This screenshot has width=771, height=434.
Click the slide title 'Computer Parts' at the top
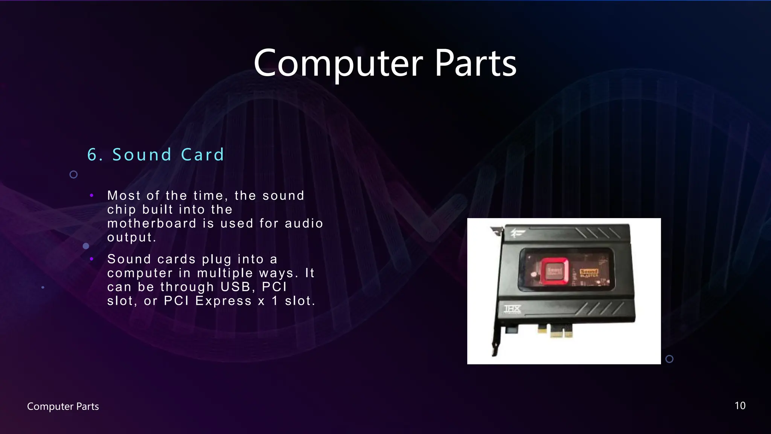(x=385, y=63)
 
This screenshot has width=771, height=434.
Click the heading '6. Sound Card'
(x=156, y=155)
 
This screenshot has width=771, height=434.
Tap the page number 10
(x=740, y=406)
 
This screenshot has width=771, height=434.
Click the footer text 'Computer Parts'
(x=63, y=406)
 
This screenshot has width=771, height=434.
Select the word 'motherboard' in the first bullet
(x=152, y=223)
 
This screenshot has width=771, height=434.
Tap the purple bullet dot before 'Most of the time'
(x=91, y=195)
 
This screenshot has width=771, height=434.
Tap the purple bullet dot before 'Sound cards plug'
(x=91, y=259)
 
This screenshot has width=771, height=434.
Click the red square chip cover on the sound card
(x=555, y=271)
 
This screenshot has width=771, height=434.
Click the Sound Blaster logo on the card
(x=589, y=273)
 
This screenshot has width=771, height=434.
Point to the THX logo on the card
(x=512, y=310)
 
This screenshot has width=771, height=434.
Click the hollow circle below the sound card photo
(x=669, y=359)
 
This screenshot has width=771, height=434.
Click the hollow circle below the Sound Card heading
(x=74, y=174)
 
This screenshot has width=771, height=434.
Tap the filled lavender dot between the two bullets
(x=86, y=246)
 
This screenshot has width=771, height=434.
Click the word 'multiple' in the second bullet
(x=225, y=273)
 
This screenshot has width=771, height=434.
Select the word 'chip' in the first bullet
(x=121, y=210)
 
